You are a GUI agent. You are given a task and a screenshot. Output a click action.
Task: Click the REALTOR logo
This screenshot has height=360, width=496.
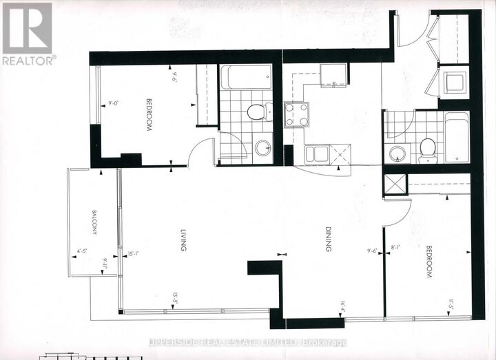click(28, 33)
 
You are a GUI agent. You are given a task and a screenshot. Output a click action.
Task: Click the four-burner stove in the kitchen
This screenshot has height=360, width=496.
click(297, 114)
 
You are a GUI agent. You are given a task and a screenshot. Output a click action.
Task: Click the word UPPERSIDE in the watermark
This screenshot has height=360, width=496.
click(180, 342)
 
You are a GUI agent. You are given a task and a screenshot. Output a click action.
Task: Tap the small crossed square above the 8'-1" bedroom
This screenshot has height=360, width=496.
click(396, 184)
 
